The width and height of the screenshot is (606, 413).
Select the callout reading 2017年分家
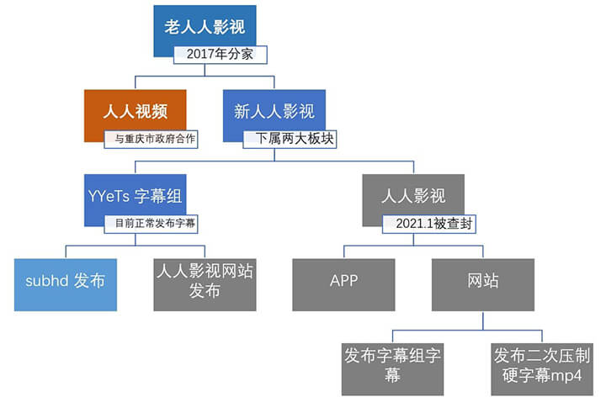tap(220, 55)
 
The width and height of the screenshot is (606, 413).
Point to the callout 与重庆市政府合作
tap(151, 139)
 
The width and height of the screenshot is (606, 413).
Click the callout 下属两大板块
tap(290, 139)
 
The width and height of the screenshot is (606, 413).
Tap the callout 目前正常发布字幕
tap(151, 224)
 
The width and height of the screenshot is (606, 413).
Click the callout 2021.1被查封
tap(429, 224)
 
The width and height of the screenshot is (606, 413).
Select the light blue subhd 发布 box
tap(66, 285)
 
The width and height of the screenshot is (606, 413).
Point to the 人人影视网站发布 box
tap(205, 285)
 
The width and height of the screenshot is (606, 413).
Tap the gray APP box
tap(343, 285)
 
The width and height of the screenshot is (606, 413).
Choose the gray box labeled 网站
tap(483, 285)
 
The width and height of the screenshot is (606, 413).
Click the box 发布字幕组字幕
tap(392, 369)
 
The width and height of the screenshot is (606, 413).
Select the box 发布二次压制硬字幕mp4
tap(542, 369)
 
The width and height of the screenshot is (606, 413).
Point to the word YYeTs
tap(109, 196)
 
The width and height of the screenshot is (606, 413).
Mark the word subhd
tap(47, 280)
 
